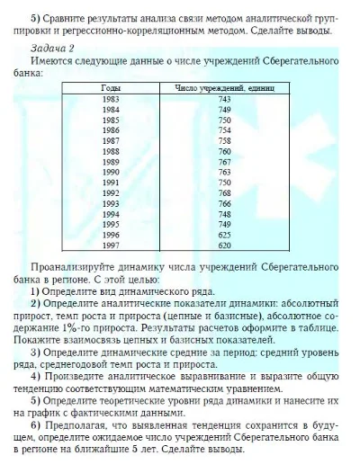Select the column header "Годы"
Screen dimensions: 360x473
point(111,87)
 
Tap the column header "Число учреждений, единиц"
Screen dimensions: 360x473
point(224,87)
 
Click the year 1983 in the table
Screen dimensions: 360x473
point(111,98)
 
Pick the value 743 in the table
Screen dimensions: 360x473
point(224,98)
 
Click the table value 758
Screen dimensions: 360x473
point(224,140)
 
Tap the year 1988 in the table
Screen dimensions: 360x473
point(111,150)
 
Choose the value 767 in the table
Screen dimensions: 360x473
point(224,161)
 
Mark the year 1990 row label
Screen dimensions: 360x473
point(111,171)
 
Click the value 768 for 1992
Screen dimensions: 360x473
point(224,192)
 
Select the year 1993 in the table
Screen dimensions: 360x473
point(111,203)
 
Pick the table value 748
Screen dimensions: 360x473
point(224,214)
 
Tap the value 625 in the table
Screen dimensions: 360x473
point(224,235)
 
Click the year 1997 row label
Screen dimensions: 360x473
point(111,245)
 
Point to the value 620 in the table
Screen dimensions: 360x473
point(224,245)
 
